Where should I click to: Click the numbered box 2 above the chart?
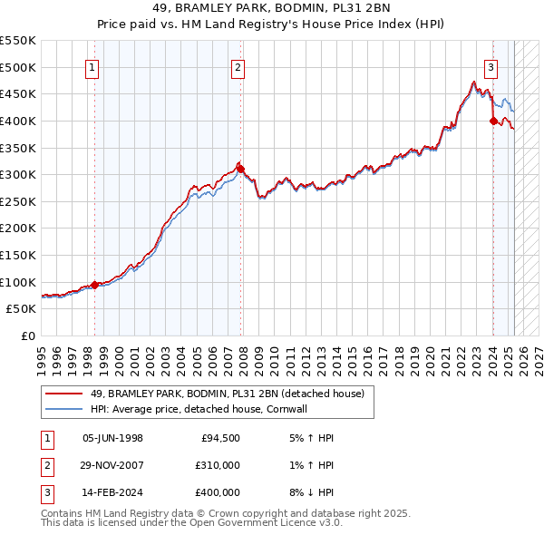[x=238, y=66]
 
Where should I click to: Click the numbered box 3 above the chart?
[x=491, y=66]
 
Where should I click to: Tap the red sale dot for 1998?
[x=94, y=285]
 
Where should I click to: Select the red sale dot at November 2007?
[x=240, y=169]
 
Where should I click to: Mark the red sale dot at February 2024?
[x=493, y=121]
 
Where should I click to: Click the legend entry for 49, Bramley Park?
[x=227, y=394]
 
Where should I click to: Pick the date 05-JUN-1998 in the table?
[x=112, y=438]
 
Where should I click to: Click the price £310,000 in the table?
[x=218, y=465]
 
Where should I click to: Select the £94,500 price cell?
[x=220, y=438]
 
